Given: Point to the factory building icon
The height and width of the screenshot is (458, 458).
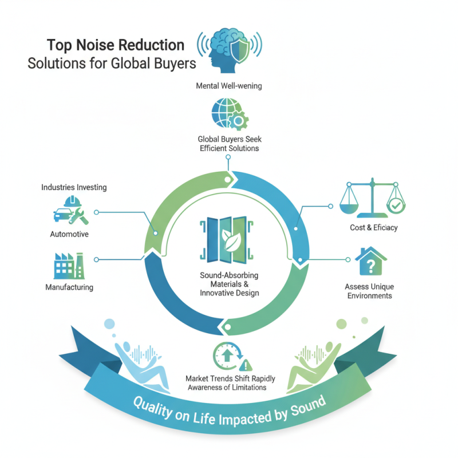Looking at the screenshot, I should (x=68, y=265).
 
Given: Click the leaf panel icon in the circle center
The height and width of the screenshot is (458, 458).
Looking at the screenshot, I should (x=228, y=240).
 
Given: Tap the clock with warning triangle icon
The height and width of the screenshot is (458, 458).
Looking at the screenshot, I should (x=228, y=357).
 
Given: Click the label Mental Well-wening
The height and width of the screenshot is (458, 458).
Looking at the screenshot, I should (x=229, y=86).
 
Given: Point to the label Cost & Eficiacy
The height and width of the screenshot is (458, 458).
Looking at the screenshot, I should (x=373, y=228).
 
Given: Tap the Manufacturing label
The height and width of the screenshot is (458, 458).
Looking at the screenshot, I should (x=69, y=287).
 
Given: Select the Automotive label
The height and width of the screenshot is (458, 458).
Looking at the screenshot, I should (x=69, y=234).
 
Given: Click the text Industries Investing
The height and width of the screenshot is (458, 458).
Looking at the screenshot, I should (x=74, y=187).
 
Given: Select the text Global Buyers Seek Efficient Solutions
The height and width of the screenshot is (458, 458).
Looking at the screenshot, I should (x=228, y=144).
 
